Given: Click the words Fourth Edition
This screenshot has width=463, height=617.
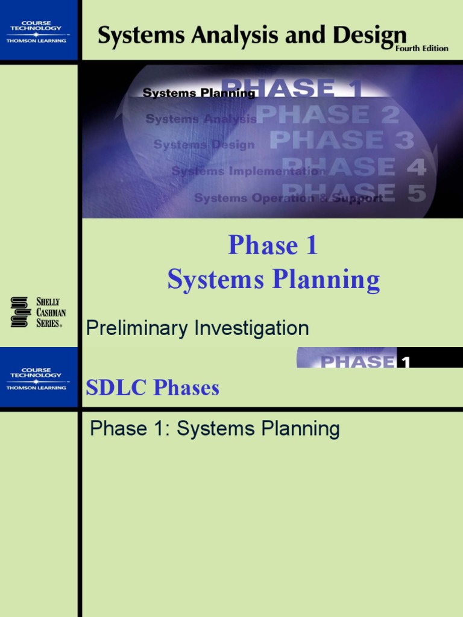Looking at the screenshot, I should click(x=421, y=48).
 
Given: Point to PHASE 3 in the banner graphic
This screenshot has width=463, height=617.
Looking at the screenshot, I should click(x=341, y=140).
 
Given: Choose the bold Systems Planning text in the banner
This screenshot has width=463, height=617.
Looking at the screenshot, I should click(x=199, y=93).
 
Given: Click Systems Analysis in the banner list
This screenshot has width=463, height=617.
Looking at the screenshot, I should click(x=201, y=119).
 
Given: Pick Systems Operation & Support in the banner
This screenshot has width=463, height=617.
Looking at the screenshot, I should click(x=288, y=198).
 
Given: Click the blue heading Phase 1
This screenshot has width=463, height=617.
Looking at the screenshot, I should click(x=272, y=246).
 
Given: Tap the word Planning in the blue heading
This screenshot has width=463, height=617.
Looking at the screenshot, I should click(x=327, y=280).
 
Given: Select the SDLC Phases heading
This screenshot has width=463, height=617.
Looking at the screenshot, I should click(x=153, y=388).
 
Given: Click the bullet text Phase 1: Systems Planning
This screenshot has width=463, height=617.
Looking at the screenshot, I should click(x=215, y=429).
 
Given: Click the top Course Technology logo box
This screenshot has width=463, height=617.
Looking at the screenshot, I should click(x=39, y=30).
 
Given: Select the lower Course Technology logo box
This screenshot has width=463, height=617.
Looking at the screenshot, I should click(x=39, y=378).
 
